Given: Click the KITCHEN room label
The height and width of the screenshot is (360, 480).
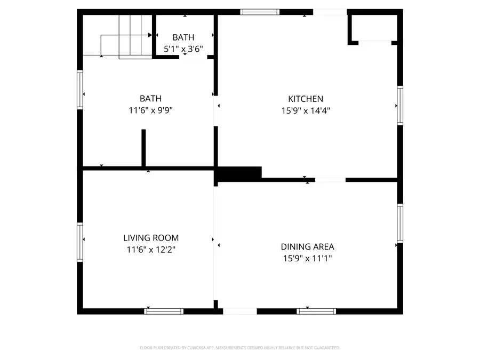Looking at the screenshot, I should tap(306, 99).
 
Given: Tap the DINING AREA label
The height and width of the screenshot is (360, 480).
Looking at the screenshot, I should tap(307, 246).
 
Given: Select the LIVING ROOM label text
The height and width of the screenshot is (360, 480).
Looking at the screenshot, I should tap(151, 238).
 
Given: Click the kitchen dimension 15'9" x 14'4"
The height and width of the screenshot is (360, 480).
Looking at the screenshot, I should tap(306, 111).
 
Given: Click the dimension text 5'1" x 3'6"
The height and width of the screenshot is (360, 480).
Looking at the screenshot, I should tap(183, 49).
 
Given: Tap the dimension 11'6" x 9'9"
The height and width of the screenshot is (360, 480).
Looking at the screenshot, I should tap(150, 111).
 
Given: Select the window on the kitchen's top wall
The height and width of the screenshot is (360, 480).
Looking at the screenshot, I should tap(260, 12).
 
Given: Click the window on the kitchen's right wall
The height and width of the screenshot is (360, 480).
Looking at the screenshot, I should tap(399, 106).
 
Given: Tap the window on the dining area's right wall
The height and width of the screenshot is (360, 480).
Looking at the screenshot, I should tap(399, 223).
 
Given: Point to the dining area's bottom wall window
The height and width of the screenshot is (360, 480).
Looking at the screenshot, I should tap(316, 311).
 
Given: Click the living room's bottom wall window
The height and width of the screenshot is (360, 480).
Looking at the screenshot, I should tap(164, 311).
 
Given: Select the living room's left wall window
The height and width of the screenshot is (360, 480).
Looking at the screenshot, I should tap(80, 242).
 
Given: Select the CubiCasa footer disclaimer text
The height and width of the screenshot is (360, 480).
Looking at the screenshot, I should tap(239, 348).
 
